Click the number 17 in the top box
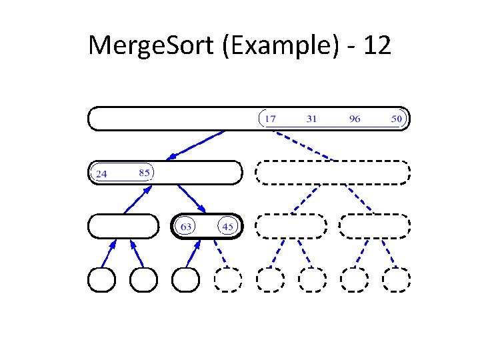[x=270, y=119]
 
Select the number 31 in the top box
[x=311, y=119]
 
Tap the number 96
[x=355, y=119]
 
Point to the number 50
[x=397, y=119]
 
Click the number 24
[x=102, y=174]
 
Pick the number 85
[x=144, y=173]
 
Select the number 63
[x=186, y=227]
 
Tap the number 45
[x=228, y=227]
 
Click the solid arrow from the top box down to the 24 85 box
[x=197, y=145]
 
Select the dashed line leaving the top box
[x=303, y=145]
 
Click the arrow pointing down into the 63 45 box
[x=191, y=199]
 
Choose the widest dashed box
[x=333, y=173]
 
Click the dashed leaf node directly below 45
[x=228, y=280]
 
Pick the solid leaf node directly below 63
[x=186, y=280]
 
